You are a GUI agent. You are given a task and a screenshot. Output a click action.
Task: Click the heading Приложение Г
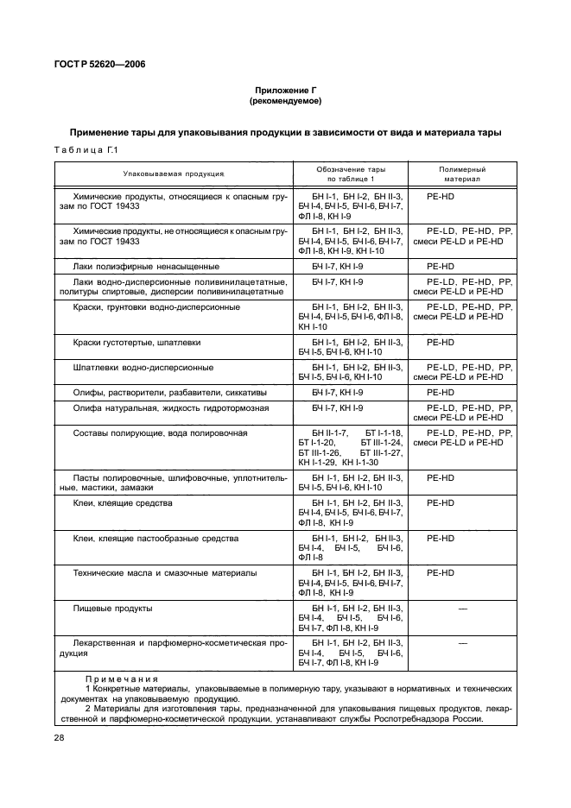pyautogui.click(x=285, y=91)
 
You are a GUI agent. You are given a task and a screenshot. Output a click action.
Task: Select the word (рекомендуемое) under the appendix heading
pyautogui.click(x=285, y=101)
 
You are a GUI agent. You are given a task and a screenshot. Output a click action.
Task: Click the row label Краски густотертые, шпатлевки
pyautogui.click(x=137, y=343)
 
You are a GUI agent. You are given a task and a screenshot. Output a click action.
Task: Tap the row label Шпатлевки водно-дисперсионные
pyautogui.click(x=143, y=368)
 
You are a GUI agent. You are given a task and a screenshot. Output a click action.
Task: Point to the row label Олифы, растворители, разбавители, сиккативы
pyautogui.click(x=162, y=392)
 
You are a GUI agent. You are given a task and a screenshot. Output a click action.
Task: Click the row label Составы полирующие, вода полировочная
pyautogui.click(x=162, y=432)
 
